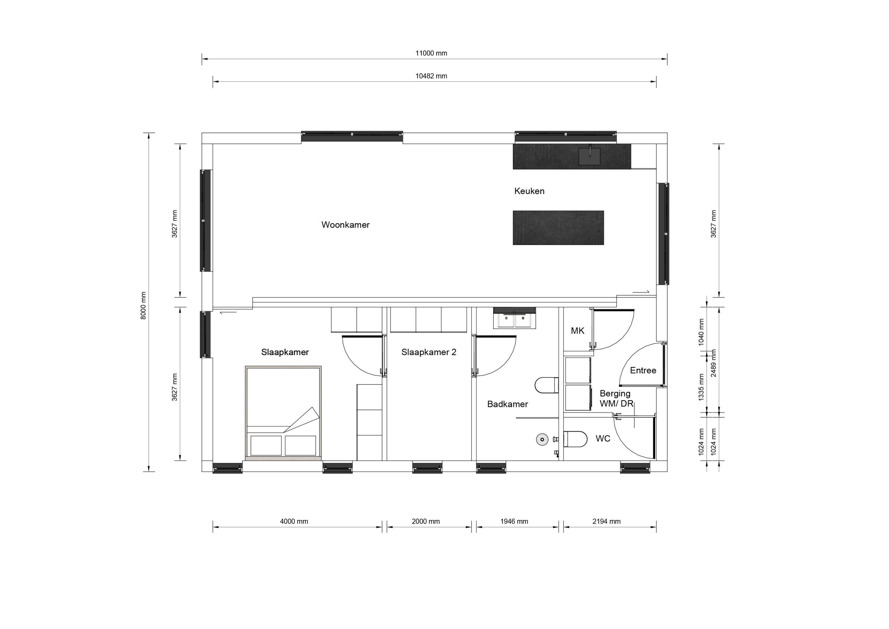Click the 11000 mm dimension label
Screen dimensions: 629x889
[431, 53]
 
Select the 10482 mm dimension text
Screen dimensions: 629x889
[431, 76]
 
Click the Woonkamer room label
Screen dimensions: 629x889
[346, 225]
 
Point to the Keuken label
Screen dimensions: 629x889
[529, 191]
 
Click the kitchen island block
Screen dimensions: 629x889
[558, 228]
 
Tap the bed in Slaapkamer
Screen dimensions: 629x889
[283, 413]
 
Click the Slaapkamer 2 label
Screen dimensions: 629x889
[429, 352]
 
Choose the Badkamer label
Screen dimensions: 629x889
[507, 404]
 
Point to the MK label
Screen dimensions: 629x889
[577, 331]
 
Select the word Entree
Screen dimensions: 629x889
[643, 370]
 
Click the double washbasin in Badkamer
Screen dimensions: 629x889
[515, 320]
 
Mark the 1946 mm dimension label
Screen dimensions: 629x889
[514, 521]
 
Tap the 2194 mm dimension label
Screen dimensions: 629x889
[606, 521]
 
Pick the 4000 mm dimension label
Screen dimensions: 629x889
[294, 521]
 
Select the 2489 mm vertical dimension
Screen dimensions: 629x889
[713, 363]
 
